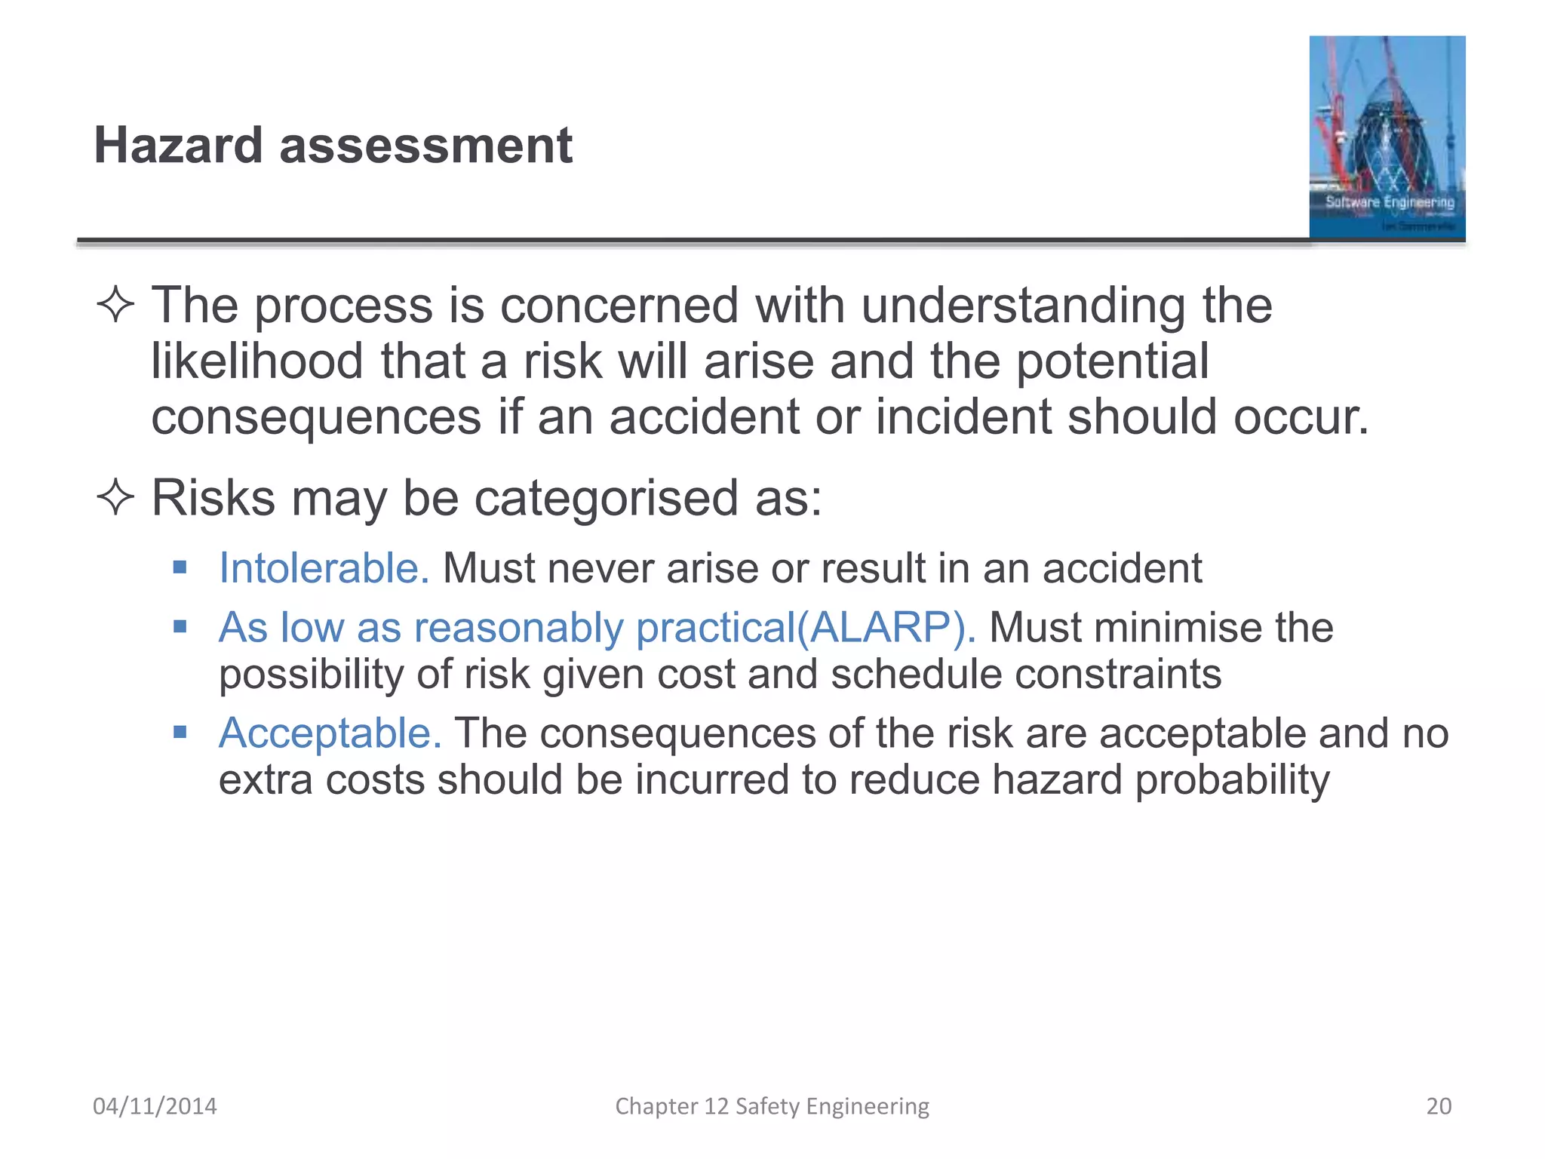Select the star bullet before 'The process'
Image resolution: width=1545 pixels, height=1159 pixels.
[x=115, y=306]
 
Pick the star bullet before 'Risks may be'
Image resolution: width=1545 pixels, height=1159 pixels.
[x=115, y=498]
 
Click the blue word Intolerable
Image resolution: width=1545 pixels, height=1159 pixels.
[x=324, y=567]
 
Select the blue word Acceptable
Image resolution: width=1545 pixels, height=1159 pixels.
[x=330, y=733]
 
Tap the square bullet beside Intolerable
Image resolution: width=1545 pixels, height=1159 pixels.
[x=180, y=567]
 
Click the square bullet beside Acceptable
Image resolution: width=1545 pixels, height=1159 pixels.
[x=180, y=732]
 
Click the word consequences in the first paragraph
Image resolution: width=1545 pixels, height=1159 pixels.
[x=316, y=417]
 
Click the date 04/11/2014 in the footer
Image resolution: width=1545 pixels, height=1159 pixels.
[x=155, y=1105]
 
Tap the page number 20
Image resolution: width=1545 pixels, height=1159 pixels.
[x=1439, y=1105]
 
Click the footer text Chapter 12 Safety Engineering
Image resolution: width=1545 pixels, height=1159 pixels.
[x=772, y=1105]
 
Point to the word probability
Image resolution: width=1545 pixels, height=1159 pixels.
[x=1232, y=780]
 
